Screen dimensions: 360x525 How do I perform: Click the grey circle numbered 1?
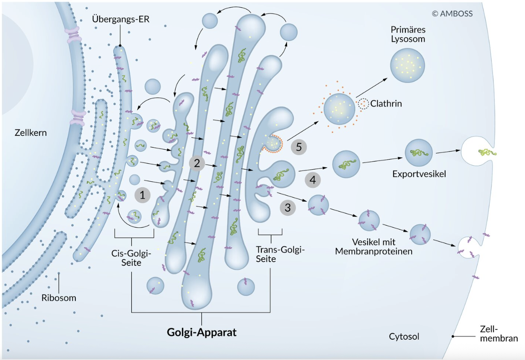pyautogui.click(x=143, y=195)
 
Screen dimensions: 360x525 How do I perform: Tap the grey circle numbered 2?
pyautogui.click(x=197, y=163)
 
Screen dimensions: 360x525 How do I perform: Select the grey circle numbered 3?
pyautogui.click(x=288, y=208)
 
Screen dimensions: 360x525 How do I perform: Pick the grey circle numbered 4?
pyautogui.click(x=312, y=180)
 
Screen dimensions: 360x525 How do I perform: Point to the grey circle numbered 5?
pyautogui.click(x=299, y=147)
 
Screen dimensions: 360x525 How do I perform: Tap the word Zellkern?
pyautogui.click(x=30, y=133)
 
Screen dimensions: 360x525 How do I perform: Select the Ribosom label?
pyautogui.click(x=59, y=298)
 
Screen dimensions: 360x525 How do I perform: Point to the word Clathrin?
pyautogui.click(x=386, y=104)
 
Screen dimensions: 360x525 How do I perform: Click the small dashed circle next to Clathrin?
pyautogui.click(x=363, y=104)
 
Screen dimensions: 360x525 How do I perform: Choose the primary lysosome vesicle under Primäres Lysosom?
pyautogui.click(x=408, y=66)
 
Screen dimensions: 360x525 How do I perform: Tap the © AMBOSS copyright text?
pyautogui.click(x=452, y=14)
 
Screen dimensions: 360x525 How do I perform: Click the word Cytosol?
pyautogui.click(x=404, y=337)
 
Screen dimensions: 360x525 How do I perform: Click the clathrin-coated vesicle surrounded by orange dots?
pyautogui.click(x=339, y=109)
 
